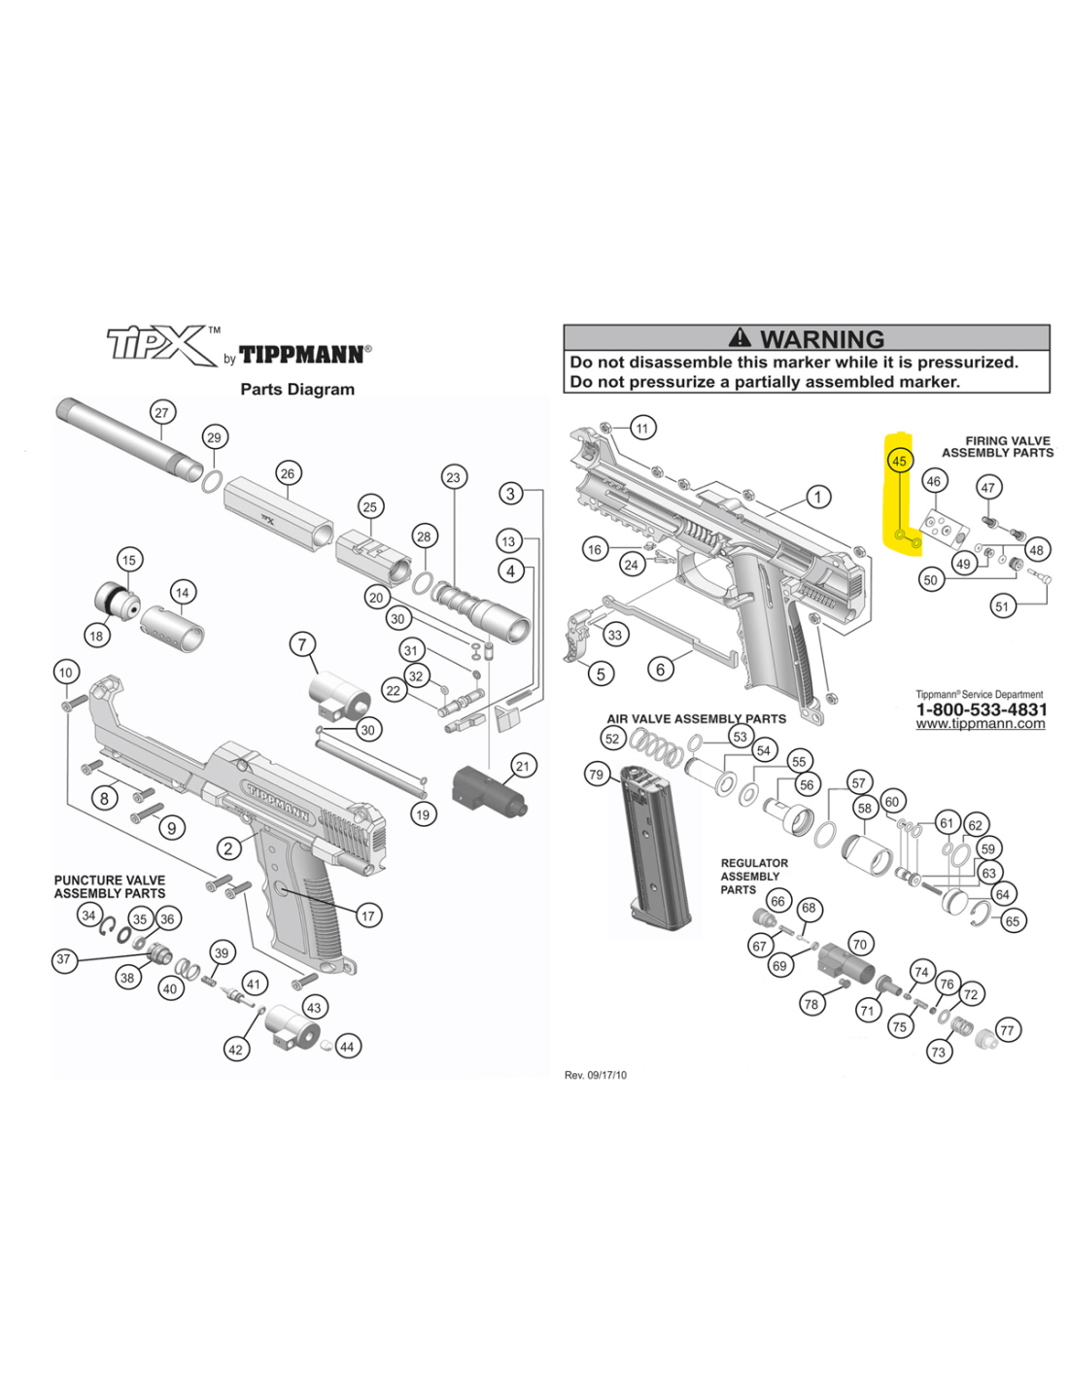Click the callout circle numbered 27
[161, 412]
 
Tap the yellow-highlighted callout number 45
[899, 461]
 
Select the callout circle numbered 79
[596, 775]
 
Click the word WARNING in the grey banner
[822, 338]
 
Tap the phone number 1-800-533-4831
[982, 709]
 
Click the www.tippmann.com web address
[981, 724]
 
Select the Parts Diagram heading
[297, 389]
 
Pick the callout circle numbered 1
[818, 497]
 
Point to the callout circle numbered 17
[367, 916]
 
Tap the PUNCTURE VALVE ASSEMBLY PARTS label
[110, 886]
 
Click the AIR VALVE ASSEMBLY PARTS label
[696, 719]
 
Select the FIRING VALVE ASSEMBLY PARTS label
[998, 446]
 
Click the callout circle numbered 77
[1007, 1030]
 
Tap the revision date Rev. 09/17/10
[596, 1075]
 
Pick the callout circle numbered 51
[1003, 605]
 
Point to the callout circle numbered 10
[65, 672]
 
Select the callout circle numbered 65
[1013, 920]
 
